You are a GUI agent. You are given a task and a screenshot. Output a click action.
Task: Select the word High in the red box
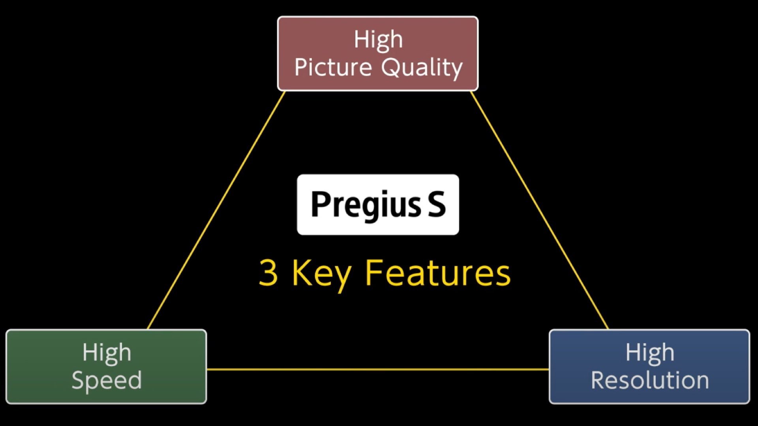(x=378, y=39)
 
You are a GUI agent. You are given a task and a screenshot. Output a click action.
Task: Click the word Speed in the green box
(x=107, y=381)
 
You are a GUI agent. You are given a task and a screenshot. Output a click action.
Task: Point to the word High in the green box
(x=107, y=352)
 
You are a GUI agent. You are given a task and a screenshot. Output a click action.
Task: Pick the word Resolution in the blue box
(x=650, y=380)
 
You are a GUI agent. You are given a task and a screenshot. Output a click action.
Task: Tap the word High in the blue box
(x=650, y=352)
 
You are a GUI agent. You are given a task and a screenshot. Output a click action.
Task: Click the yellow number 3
(x=268, y=273)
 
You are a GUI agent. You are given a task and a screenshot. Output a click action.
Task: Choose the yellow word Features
(x=437, y=273)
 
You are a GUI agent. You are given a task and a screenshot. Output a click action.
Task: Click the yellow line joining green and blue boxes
(x=377, y=370)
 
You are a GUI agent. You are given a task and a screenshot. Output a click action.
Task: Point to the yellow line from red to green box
(x=216, y=210)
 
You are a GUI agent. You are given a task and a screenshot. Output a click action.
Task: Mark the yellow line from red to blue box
(x=540, y=210)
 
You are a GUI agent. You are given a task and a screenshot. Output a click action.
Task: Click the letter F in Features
(x=373, y=272)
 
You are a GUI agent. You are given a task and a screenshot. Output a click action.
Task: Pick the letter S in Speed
(x=78, y=380)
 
